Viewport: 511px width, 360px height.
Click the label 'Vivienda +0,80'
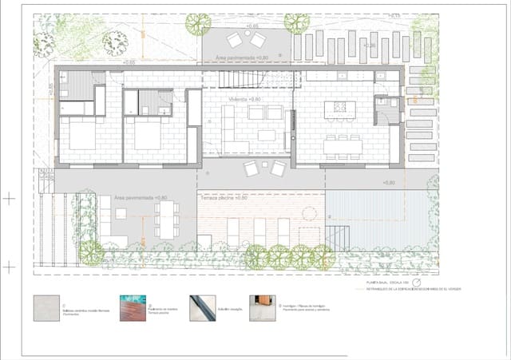[x=245, y=99]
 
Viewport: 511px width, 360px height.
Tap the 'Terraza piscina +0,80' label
[x=225, y=196]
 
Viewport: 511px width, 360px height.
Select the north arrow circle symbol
[x=416, y=283]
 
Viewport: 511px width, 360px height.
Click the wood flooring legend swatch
[x=133, y=308]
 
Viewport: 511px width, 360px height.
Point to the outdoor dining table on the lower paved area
[x=166, y=218]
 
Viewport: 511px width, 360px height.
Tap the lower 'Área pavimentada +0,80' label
[x=141, y=197]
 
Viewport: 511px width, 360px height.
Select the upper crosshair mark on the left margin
[x=8, y=196]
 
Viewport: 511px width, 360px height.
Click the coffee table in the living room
[x=266, y=135]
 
